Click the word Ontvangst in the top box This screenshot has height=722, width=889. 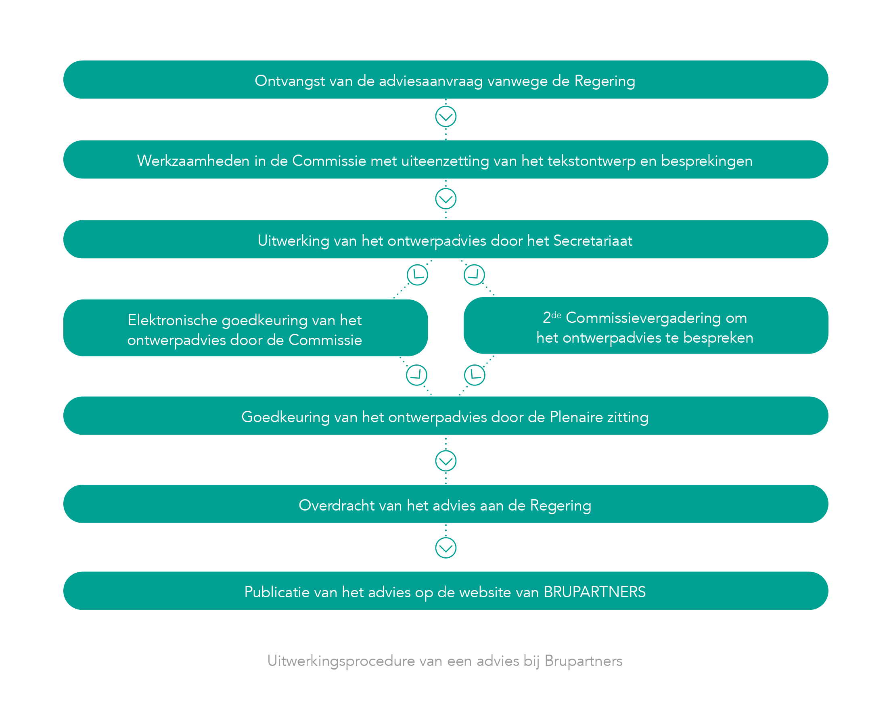coord(289,81)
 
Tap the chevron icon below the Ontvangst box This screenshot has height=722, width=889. coord(446,117)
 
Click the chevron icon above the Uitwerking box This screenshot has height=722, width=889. coord(446,199)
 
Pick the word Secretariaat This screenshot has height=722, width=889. coord(592,241)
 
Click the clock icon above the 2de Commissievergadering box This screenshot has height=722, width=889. coord(474,275)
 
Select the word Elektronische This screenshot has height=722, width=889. coord(173,320)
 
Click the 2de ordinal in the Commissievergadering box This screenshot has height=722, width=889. coord(552,317)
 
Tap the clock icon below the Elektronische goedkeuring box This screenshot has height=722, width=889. coord(416,375)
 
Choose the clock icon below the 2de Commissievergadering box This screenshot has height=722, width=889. coord(475,375)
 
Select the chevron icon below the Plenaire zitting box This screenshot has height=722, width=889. coord(446,461)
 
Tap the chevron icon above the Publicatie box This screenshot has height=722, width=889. coord(446,548)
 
